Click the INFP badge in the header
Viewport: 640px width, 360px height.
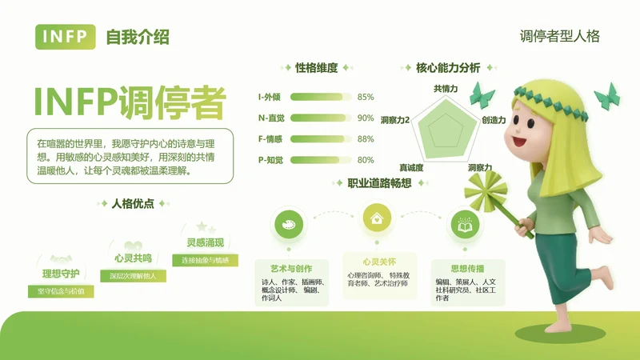pyautogui.click(x=66, y=37)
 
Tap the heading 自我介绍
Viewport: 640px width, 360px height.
pyautogui.click(x=137, y=37)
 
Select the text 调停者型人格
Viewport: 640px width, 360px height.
pyautogui.click(x=559, y=36)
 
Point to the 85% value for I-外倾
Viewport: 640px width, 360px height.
pyautogui.click(x=366, y=97)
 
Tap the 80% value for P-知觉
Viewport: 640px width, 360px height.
pyautogui.click(x=366, y=159)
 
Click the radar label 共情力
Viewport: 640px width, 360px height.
pyautogui.click(x=446, y=88)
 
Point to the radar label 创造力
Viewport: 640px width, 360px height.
pyautogui.click(x=494, y=120)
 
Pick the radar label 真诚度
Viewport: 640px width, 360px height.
pyautogui.click(x=411, y=168)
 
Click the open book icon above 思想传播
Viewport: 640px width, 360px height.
pyautogui.click(x=464, y=225)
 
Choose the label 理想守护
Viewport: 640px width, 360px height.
pyautogui.click(x=61, y=274)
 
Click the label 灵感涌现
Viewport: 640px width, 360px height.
pyautogui.click(x=205, y=242)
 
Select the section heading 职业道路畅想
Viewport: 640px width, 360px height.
pyautogui.click(x=379, y=183)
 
